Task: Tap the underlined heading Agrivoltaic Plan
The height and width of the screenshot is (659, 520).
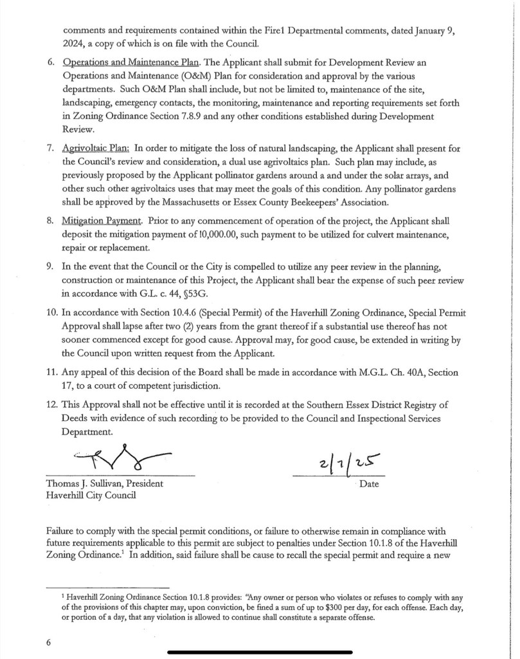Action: [96, 148]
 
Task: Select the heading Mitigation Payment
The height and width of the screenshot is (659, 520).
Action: [103, 221]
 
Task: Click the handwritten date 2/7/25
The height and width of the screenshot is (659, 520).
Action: [346, 463]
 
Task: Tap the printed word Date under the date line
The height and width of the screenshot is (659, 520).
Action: [369, 484]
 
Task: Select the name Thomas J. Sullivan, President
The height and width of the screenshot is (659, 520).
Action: [104, 483]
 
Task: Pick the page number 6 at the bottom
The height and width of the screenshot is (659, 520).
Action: [49, 642]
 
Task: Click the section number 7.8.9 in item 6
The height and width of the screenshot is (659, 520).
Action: [170, 116]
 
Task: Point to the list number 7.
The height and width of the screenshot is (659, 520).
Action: [49, 148]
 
